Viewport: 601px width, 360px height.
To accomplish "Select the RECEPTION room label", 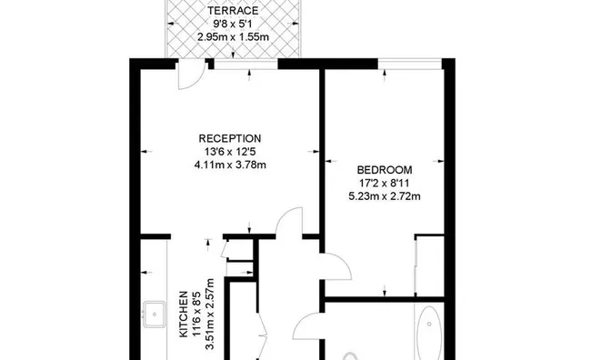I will coord(230,139).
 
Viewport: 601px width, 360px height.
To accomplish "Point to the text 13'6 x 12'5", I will coord(230,152).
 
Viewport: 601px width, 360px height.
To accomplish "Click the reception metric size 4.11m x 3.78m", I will coord(230,165).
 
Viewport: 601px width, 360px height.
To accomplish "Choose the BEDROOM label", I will coord(385,170).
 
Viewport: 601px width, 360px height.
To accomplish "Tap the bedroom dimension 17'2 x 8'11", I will coord(385,183).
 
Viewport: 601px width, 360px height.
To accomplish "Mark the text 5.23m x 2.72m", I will coord(385,196).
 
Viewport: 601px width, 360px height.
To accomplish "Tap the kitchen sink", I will coord(151,315).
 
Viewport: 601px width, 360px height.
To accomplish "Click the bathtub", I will coord(428,335).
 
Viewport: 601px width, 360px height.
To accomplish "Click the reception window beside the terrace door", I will coord(246,63).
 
